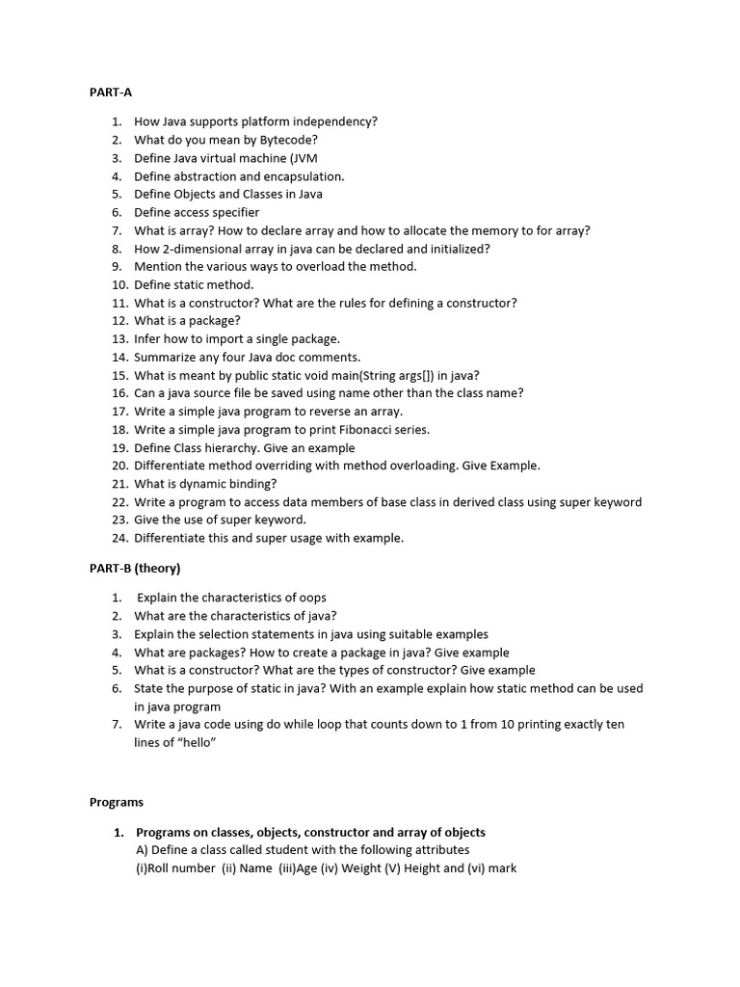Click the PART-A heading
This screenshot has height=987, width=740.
111,93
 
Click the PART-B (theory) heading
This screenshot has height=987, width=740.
135,568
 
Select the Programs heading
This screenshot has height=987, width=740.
117,802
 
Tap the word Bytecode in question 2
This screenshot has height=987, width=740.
288,140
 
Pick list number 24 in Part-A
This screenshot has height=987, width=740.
119,538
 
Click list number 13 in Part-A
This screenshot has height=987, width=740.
119,339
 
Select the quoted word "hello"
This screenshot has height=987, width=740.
194,742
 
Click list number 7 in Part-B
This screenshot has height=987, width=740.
116,724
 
